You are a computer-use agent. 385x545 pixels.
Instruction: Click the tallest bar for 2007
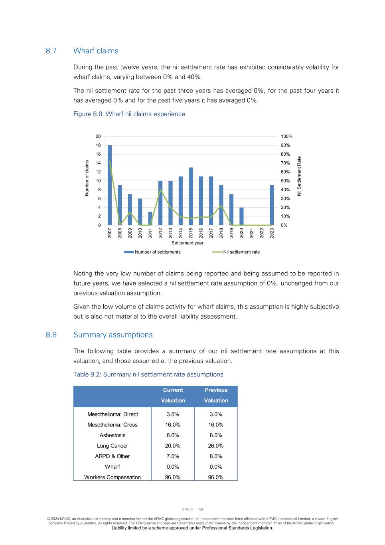110,185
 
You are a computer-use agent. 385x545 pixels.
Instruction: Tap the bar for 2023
272,205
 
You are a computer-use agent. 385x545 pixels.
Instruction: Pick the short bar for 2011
150,218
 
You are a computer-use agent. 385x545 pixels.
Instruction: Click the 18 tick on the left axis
98,145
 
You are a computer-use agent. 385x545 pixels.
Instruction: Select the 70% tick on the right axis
285,163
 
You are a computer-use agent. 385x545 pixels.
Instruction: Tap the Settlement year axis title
187,243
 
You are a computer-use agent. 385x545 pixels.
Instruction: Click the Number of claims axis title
87,178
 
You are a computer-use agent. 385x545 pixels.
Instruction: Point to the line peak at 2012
160,190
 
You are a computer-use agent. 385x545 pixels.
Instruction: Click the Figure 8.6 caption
129,114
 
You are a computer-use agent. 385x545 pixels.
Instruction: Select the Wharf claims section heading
96,51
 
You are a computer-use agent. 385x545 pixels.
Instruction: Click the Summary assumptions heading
113,335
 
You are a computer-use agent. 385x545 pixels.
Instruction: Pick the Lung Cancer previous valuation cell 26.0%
216,446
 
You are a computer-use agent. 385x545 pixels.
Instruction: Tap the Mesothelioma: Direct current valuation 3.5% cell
173,414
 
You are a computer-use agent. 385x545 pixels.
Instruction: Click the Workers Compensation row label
113,477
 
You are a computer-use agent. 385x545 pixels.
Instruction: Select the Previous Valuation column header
216,395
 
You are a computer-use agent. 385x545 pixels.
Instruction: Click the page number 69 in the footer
201,509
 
